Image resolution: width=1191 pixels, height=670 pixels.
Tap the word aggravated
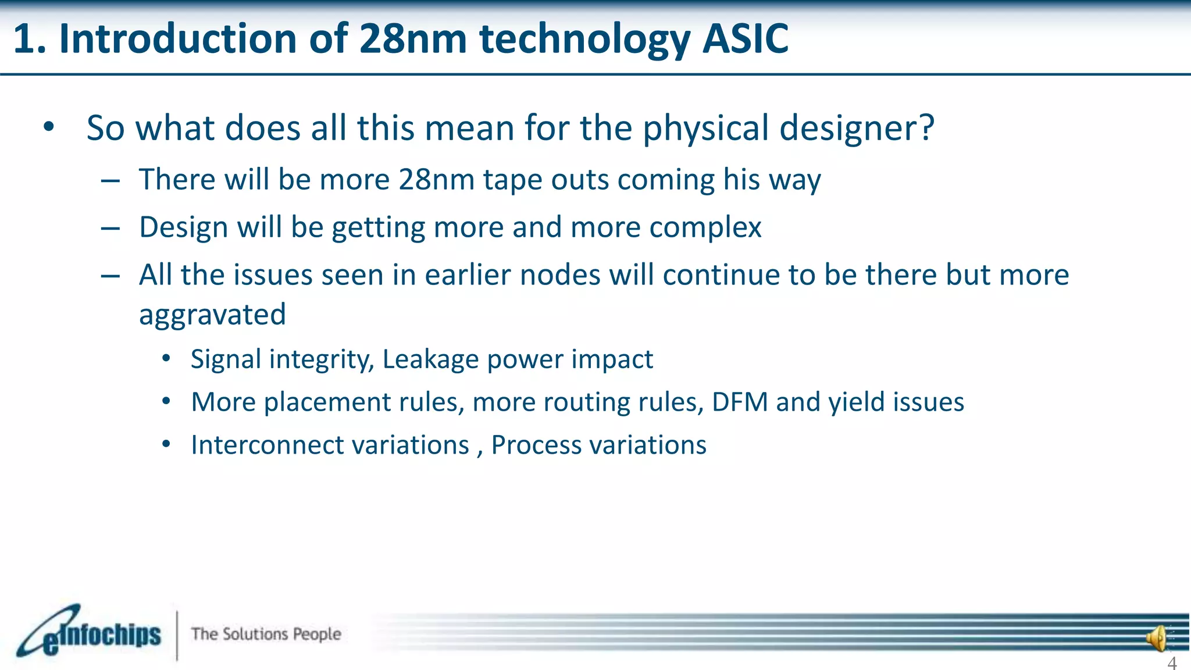tap(212, 315)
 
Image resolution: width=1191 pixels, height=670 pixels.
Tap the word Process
tap(536, 445)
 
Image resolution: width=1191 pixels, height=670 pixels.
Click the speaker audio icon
tap(1157, 639)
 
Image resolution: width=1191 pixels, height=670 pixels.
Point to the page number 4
tap(1172, 662)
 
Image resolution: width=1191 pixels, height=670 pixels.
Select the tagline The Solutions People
tap(266, 634)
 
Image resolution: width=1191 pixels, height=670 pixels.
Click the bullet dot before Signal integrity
tap(166, 359)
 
